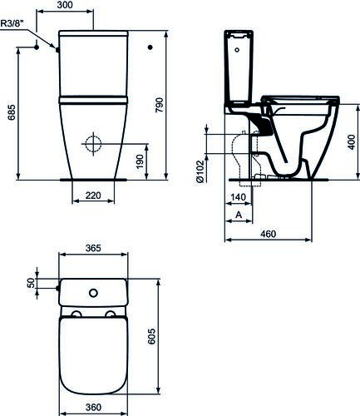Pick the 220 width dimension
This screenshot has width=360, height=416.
92,196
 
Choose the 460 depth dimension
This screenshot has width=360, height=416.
268,235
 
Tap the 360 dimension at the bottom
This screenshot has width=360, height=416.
92,408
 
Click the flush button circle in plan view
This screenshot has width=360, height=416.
93,292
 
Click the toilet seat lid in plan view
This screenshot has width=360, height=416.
92,354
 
